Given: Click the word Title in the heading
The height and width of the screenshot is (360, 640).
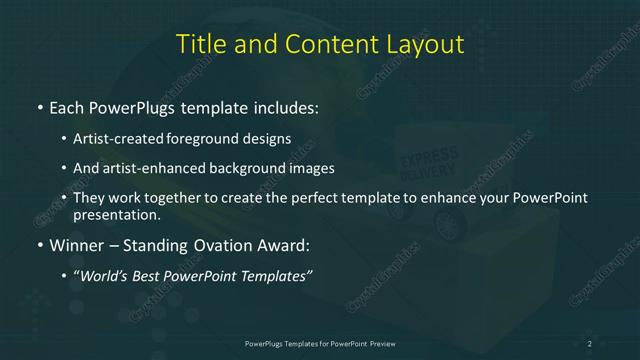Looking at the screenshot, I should (x=198, y=45).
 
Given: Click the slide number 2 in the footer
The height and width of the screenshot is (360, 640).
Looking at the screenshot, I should (x=590, y=344).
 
